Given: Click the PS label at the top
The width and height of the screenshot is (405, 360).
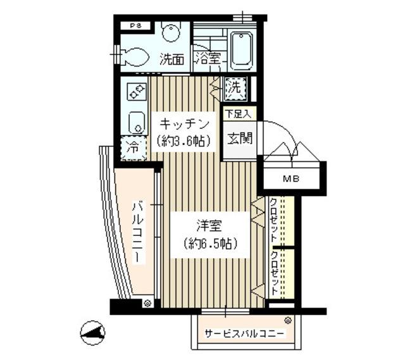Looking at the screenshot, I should coord(135,26).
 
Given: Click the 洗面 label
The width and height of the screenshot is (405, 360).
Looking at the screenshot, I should coord(172,60).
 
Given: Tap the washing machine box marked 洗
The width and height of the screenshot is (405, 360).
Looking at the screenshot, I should coord(234,88).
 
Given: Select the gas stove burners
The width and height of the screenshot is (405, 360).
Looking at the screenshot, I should coord(137,92).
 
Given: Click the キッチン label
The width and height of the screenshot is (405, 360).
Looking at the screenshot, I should coord(183,123).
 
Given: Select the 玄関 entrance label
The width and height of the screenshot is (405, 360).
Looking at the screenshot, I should coord(240,137).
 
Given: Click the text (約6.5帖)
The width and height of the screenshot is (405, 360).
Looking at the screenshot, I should coord(209,244).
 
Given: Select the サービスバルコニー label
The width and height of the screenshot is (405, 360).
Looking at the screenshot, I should coord(244,335).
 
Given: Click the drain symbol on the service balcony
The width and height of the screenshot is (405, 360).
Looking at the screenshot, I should coord(288,321).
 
